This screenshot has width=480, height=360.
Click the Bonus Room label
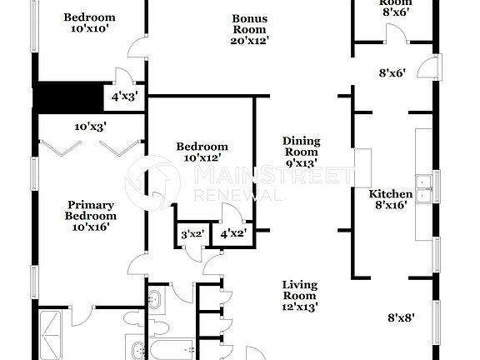coord(250,23)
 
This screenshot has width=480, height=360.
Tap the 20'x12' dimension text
coord(250,39)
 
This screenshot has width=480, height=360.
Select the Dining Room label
coord(301,146)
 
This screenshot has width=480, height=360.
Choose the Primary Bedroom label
coord(91,210)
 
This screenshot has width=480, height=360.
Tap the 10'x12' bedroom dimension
coord(202,158)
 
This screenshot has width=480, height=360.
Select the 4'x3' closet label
coord(124,97)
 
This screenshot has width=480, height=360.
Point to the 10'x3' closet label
coord(90,127)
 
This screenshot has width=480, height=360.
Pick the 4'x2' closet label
coord(233,235)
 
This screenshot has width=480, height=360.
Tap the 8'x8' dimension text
coord(402,317)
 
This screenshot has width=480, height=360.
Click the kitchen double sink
coord(425,188)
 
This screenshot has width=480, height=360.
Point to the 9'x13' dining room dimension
coord(301,162)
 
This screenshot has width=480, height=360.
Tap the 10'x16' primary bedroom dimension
coord(91,226)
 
